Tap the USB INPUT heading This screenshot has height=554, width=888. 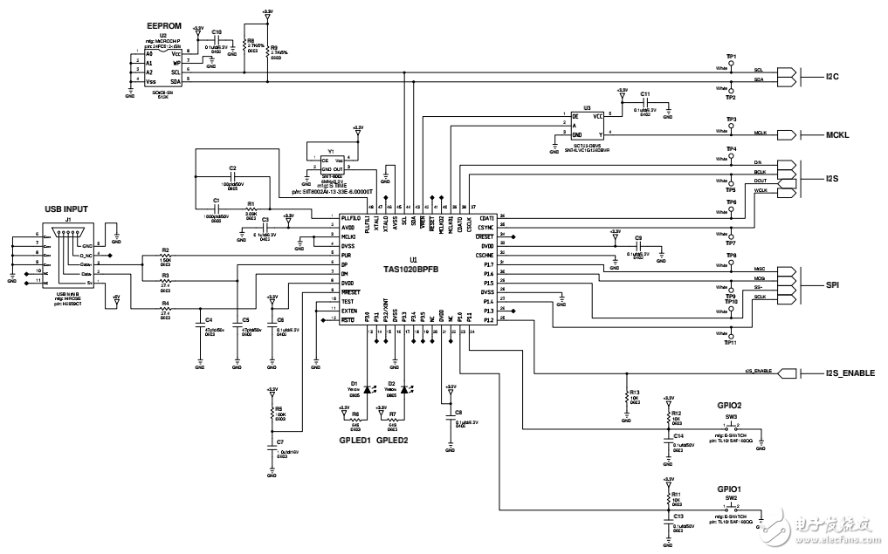70,209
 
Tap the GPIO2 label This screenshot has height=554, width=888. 730,407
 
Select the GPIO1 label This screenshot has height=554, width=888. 730,489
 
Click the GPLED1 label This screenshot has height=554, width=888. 355,441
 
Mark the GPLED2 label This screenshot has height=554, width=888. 392,441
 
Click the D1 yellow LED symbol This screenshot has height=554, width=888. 367,393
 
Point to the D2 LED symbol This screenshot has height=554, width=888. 403,393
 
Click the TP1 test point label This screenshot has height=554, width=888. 732,56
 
